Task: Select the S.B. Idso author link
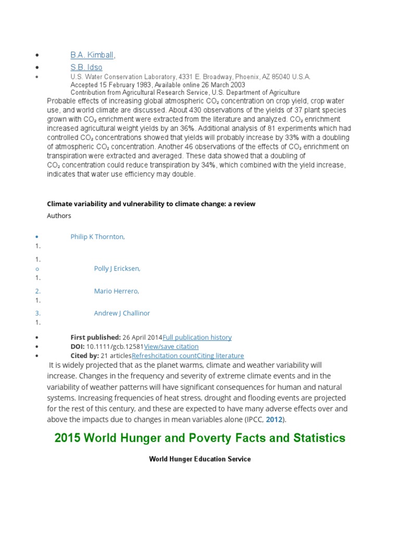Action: [x=86, y=67]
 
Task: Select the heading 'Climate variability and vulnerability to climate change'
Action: [x=151, y=204]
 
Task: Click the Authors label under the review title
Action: [x=59, y=215]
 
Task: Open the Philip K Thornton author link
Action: [x=97, y=237]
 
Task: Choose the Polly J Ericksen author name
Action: [x=117, y=269]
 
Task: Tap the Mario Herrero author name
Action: [x=117, y=291]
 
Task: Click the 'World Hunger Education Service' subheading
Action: [x=199, y=459]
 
